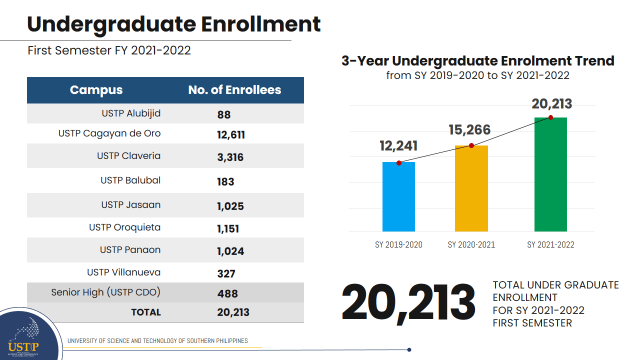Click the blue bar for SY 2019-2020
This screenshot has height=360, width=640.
(398, 197)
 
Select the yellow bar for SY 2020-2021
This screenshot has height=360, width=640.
(471, 188)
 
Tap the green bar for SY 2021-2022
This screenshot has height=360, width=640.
(550, 174)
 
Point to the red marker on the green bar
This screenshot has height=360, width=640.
(550, 117)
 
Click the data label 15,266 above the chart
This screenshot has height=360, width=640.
(469, 130)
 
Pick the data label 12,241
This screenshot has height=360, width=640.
(398, 146)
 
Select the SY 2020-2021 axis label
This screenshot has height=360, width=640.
(471, 244)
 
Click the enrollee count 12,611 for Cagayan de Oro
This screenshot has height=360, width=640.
(231, 135)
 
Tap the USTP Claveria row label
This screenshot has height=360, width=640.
(128, 156)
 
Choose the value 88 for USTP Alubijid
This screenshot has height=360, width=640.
(224, 114)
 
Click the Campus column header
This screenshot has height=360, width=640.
(96, 90)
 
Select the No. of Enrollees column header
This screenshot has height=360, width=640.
(234, 90)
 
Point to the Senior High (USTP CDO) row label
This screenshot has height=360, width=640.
(105, 292)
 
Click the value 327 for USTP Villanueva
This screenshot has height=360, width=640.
(226, 273)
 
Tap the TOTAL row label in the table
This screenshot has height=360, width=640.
(145, 312)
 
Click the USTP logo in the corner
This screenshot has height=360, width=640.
(24, 336)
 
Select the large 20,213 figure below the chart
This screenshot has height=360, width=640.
(408, 303)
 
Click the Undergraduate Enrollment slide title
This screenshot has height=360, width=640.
(173, 24)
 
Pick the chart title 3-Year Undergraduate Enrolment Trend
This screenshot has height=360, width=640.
(477, 61)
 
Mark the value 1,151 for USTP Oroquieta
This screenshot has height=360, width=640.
(228, 229)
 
